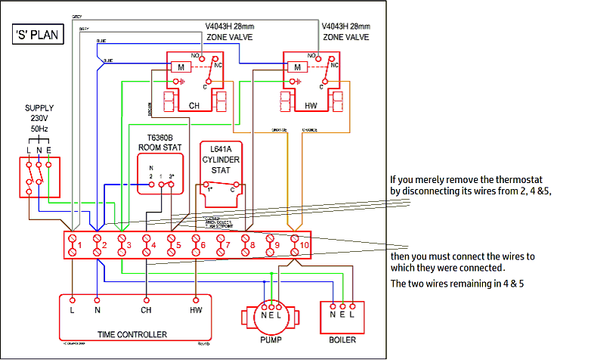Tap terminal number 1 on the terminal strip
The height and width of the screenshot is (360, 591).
[73, 245]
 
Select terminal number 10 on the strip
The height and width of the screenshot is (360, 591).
[295, 245]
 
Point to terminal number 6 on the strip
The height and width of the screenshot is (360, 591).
[196, 245]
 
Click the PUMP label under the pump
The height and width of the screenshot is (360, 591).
[270, 340]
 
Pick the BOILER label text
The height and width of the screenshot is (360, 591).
[342, 340]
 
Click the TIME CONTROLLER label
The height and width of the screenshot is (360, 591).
[132, 334]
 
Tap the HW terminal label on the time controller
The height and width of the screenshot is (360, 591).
[196, 309]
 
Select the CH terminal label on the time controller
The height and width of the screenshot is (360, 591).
[146, 309]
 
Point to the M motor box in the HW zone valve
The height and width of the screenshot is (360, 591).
[297, 67]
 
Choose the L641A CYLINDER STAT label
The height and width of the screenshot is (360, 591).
[221, 160]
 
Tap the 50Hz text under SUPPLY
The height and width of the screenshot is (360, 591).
[39, 130]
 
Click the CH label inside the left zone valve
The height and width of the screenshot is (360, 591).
[194, 105]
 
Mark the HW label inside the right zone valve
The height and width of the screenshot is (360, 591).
[311, 105]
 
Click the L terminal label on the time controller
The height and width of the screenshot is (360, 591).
[73, 309]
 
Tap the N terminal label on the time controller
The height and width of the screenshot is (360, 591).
[97, 309]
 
